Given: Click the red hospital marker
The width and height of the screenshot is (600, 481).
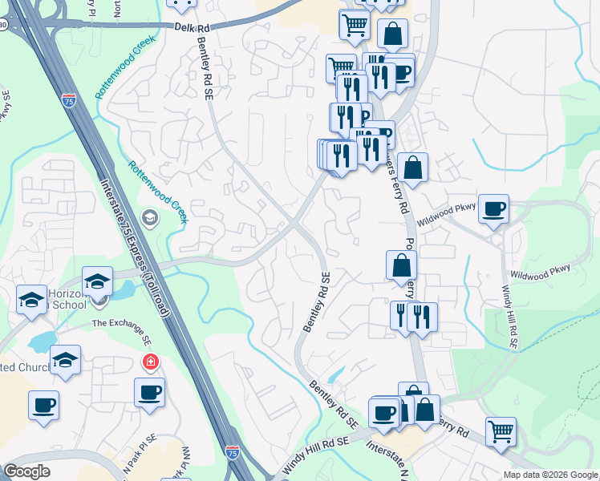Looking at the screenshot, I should point(149,363).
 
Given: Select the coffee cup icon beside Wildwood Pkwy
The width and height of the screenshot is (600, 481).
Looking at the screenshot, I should point(493,209).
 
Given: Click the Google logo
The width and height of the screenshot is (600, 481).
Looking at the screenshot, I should point(26,471).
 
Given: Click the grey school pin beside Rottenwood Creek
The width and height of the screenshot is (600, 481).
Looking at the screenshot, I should point(149,217).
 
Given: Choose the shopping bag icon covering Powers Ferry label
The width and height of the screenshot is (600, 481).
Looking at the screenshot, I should point(401,265).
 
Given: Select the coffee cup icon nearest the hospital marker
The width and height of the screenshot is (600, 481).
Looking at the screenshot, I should point(150,394).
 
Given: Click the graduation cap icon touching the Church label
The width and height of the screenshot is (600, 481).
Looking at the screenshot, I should point(65,361).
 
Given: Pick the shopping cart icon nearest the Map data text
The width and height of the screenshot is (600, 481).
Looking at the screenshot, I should point(501,432).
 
